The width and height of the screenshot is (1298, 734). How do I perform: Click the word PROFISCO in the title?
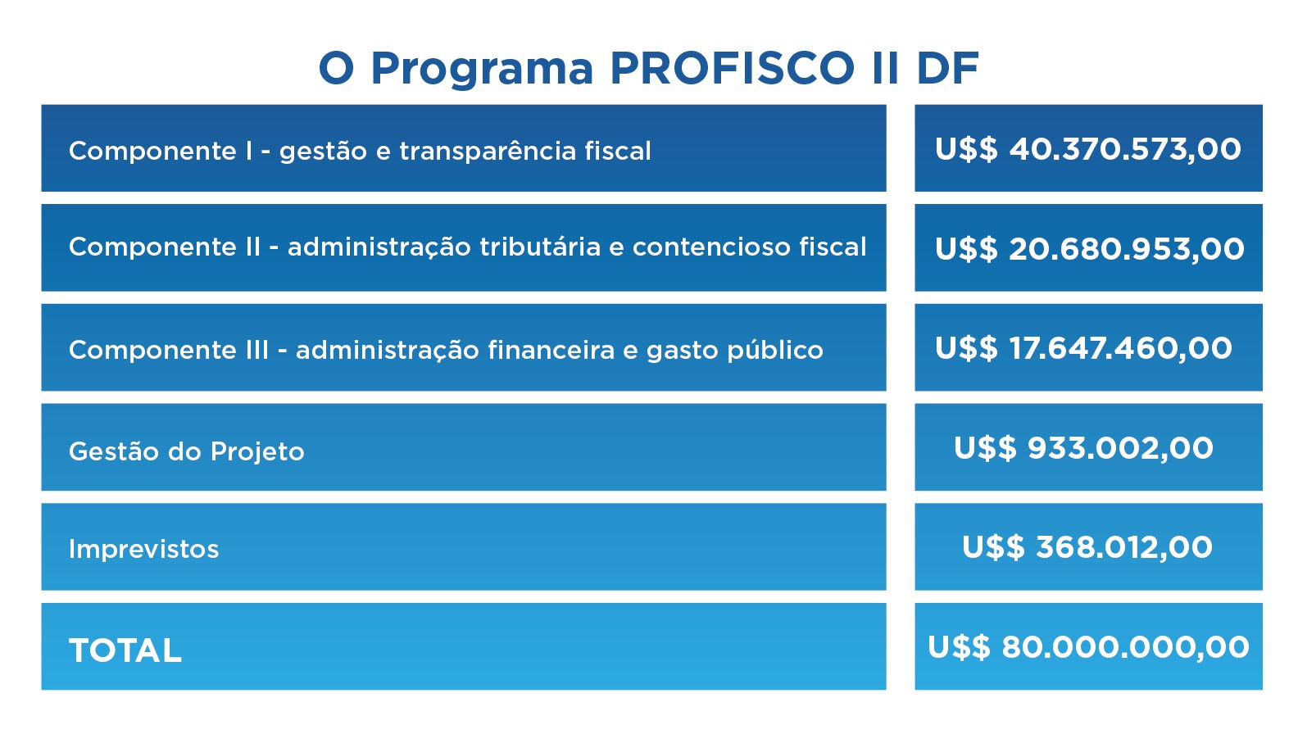click(732, 68)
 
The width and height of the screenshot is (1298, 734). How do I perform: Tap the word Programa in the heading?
click(482, 70)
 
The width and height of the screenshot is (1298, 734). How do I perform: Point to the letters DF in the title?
click(948, 68)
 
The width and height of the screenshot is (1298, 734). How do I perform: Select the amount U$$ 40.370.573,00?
click(1087, 149)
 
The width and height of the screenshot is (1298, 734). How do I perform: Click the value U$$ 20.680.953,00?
click(1089, 249)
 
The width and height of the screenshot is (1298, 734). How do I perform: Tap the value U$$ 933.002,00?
click(1083, 448)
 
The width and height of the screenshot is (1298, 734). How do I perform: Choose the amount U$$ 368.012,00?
click(1087, 548)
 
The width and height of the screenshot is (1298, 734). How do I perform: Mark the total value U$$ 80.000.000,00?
click(1088, 648)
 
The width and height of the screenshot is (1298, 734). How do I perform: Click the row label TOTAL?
click(125, 650)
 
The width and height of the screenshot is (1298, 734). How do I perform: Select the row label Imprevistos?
click(143, 549)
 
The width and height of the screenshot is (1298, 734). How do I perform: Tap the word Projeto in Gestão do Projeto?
click(257, 452)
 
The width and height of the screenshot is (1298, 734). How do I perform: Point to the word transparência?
click(487, 152)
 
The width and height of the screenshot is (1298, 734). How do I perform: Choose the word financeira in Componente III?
click(551, 350)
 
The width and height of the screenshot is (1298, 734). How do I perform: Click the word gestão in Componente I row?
click(324, 152)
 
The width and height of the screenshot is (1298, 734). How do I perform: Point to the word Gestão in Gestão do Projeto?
click(114, 451)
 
